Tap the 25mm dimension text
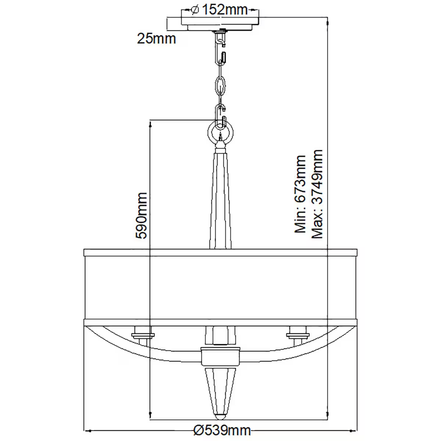click(157, 38)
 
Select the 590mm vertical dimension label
click(141, 215)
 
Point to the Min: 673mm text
click(300, 194)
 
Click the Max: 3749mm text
click(317, 194)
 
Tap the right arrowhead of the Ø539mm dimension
click(354, 430)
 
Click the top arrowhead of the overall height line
click(327, 21)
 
